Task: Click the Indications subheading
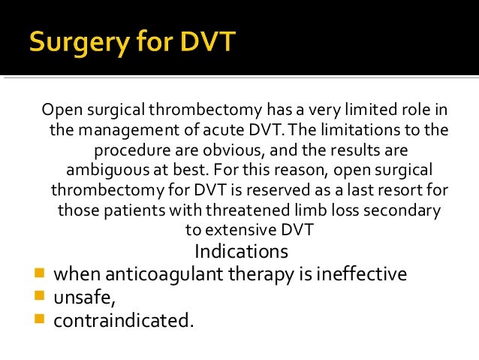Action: tap(241, 250)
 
